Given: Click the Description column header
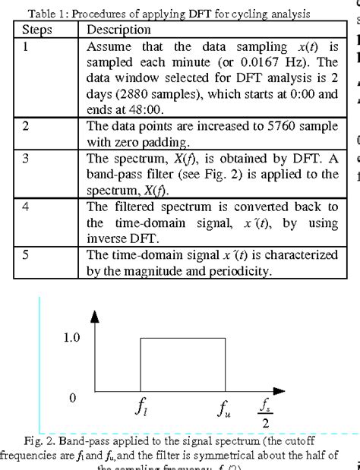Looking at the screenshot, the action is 118,30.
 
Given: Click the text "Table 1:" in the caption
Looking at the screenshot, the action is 49,14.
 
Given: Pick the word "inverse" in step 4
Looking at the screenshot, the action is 106,238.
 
